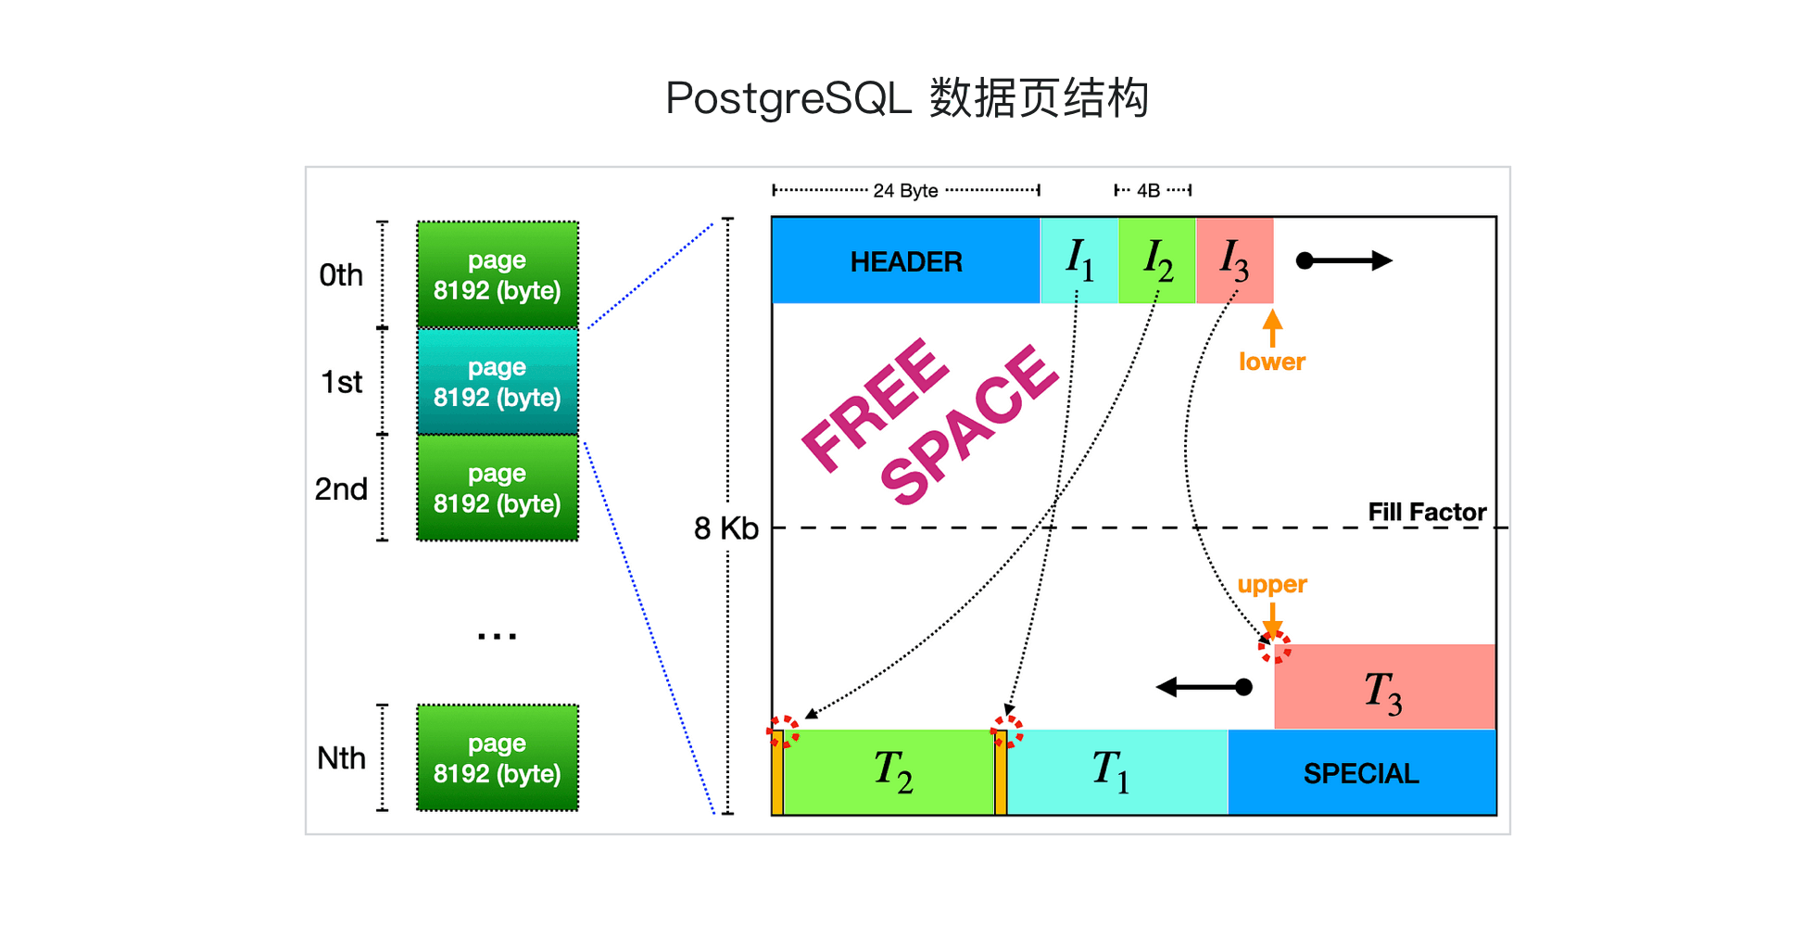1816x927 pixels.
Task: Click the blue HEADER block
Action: click(x=906, y=260)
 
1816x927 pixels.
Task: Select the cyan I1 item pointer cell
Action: click(x=1079, y=260)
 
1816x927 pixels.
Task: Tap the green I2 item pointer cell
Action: click(x=1157, y=260)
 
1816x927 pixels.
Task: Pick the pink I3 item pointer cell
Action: click(x=1235, y=260)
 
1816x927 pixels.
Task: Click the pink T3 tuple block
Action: click(x=1384, y=687)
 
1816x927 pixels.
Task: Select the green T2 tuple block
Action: click(x=889, y=772)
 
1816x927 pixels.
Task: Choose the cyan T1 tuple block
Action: click(x=1117, y=772)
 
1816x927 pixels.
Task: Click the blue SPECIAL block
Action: click(x=1362, y=772)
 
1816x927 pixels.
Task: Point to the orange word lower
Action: click(x=1272, y=362)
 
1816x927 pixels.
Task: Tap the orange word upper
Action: click(x=1272, y=585)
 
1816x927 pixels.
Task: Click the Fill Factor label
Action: click(x=1427, y=512)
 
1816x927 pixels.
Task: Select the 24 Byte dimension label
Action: click(x=905, y=190)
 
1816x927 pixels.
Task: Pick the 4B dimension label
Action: click(x=1149, y=190)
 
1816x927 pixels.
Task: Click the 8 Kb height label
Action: click(x=726, y=528)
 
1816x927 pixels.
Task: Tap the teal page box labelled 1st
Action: click(x=498, y=381)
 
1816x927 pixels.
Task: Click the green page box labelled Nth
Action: click(x=498, y=757)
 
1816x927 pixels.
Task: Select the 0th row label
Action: click(x=341, y=275)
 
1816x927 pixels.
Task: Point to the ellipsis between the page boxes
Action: click(x=498, y=636)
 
